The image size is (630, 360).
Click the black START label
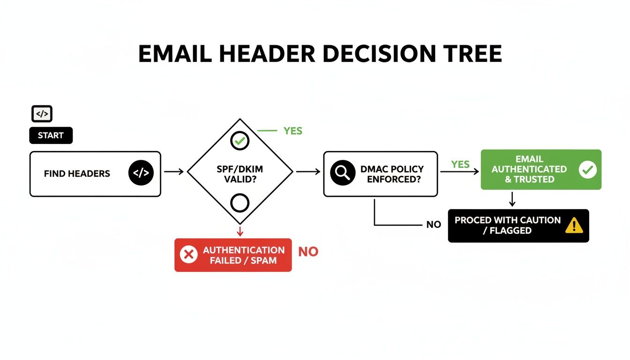51,135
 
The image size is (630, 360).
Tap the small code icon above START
42,114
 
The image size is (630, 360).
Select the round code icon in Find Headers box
141,173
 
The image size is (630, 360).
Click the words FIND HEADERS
77,174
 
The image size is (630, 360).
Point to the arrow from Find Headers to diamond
173,172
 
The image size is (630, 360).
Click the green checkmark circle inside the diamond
240,140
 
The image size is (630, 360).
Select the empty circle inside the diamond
240,203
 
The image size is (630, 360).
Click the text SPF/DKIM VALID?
240,173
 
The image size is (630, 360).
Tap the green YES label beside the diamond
293,131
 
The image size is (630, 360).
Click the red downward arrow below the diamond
240,231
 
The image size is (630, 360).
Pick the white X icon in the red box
188,255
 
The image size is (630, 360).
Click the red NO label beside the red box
308,252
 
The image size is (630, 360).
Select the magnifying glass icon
340,173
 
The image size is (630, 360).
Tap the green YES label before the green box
460,164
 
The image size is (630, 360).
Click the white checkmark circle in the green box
587,170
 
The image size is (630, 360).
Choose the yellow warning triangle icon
574,226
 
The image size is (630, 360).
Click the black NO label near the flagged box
434,225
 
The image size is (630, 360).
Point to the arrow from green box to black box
512,199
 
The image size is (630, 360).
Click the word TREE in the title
473,54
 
